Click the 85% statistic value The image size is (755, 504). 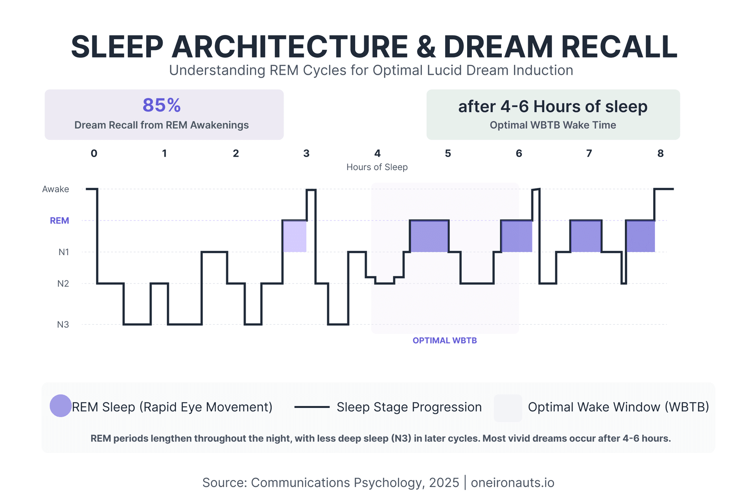162,106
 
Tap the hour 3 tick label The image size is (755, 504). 306,154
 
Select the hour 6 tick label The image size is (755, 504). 519,154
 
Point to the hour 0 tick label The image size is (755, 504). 94,154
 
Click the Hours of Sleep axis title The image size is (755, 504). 377,167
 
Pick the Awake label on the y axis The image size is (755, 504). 55,189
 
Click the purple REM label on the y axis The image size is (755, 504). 59,221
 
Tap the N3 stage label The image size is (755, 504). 63,325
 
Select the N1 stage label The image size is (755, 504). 64,252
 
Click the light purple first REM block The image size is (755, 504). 295,236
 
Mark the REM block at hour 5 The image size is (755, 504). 429,236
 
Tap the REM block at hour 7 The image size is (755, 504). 586,236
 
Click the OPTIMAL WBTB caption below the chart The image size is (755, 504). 444,341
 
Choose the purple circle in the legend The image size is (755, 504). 61,406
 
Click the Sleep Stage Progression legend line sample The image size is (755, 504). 312,407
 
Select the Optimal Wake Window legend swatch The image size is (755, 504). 508,408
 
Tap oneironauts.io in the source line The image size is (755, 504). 512,483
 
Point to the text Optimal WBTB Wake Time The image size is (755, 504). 552,125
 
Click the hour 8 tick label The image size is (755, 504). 660,154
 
